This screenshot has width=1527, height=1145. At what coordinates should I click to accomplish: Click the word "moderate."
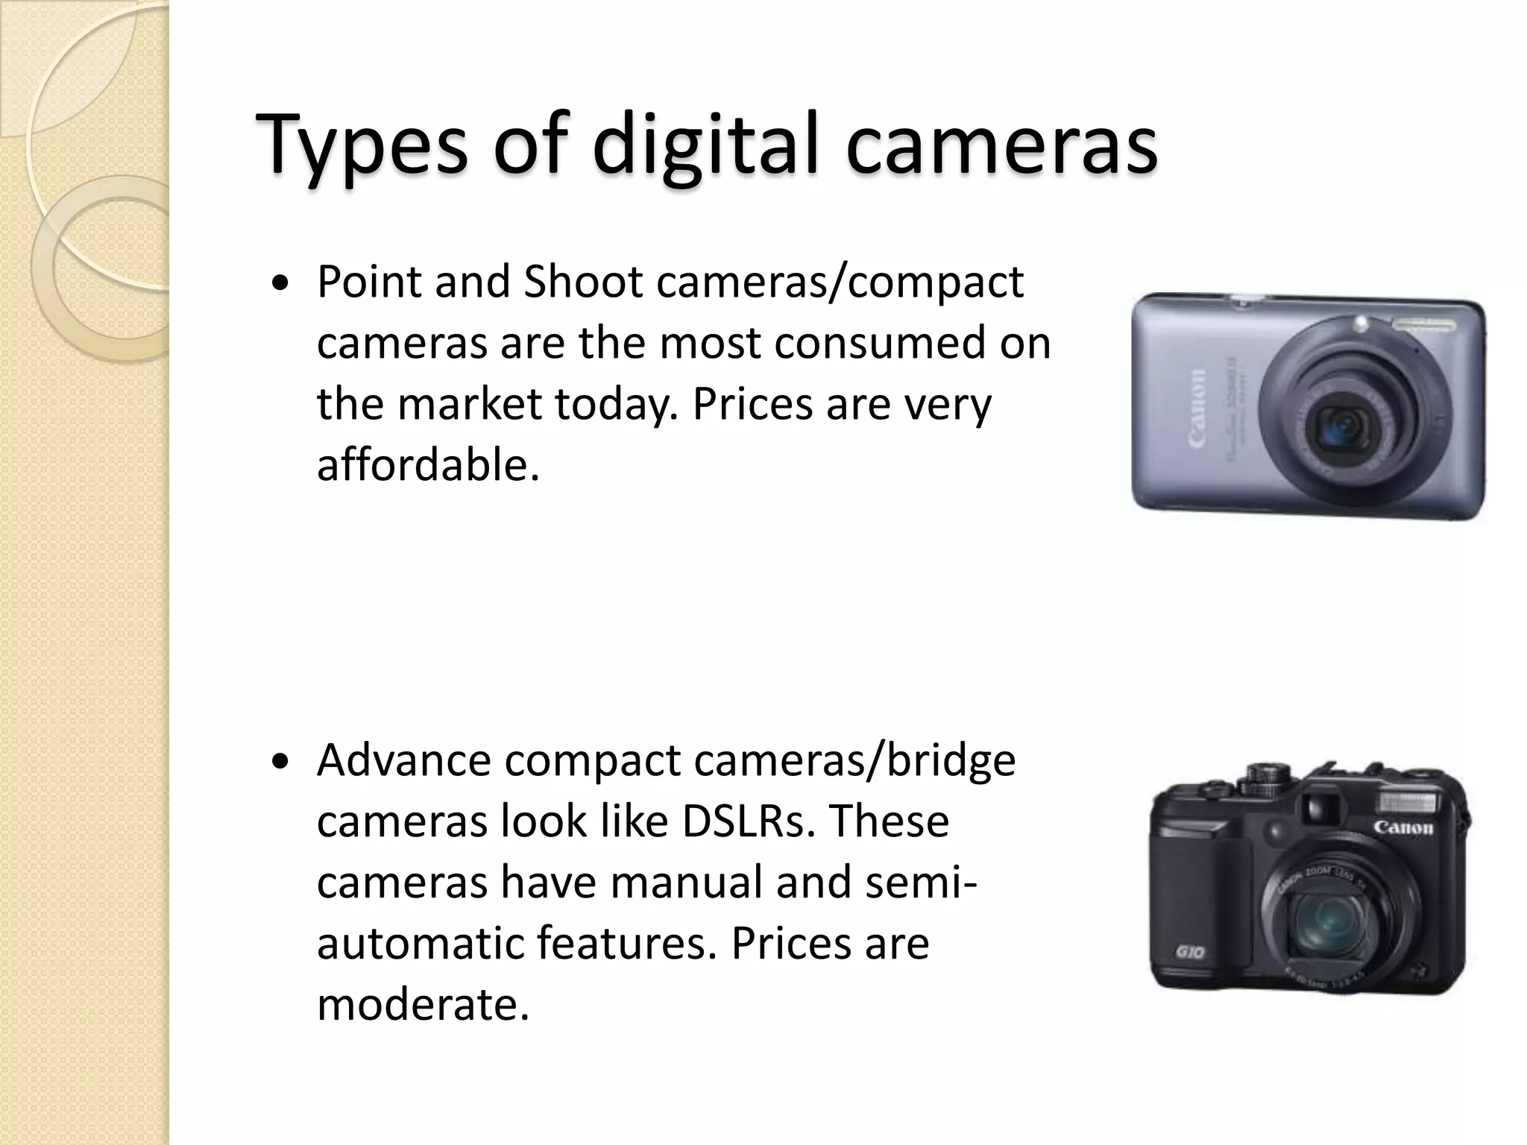[x=423, y=1004]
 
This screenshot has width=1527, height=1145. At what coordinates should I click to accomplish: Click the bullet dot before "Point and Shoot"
[x=280, y=285]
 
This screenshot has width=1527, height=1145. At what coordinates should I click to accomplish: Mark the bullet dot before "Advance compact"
[x=280, y=763]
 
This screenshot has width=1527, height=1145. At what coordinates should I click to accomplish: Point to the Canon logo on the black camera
[x=1403, y=827]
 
